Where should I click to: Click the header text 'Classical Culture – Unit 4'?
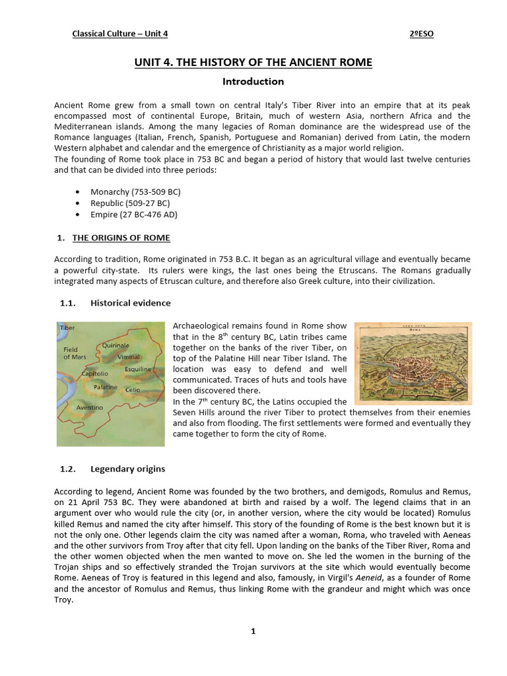(x=125, y=34)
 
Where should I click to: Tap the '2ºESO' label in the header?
(x=421, y=34)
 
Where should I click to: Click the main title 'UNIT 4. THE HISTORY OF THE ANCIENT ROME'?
(x=253, y=63)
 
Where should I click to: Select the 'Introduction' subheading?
(x=253, y=82)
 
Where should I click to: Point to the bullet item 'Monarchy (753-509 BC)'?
(x=135, y=191)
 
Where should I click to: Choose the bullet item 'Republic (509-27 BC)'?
(x=131, y=203)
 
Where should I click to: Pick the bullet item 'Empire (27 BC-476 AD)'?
(x=134, y=215)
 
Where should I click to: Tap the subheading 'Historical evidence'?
(x=130, y=303)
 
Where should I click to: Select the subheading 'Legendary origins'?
(x=127, y=469)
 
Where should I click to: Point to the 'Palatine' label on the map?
(x=106, y=388)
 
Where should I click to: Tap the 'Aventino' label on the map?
(x=90, y=408)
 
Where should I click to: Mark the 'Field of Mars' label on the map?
(x=75, y=353)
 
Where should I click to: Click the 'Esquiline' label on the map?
(x=138, y=369)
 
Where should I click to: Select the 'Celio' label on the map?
(x=133, y=390)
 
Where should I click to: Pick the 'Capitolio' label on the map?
(x=94, y=374)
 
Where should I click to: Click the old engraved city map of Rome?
(x=413, y=363)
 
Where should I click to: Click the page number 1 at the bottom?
(x=253, y=631)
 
